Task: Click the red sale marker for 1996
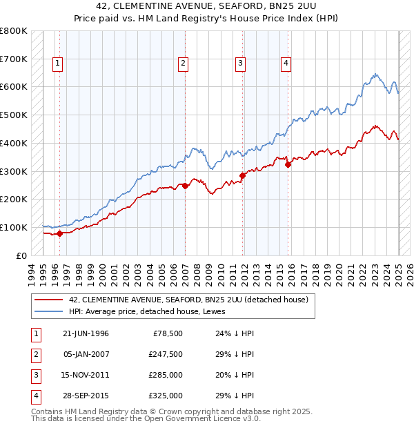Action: pyautogui.click(x=59, y=233)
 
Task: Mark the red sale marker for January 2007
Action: pyautogui.click(x=186, y=186)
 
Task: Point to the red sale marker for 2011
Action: pyautogui.click(x=243, y=175)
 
